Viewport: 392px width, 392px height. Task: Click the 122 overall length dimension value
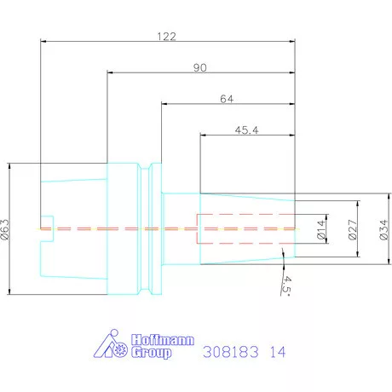click(x=167, y=37)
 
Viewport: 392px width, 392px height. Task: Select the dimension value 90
click(x=200, y=67)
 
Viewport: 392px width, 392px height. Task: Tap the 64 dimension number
click(x=227, y=99)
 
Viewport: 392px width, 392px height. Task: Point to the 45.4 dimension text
click(x=246, y=130)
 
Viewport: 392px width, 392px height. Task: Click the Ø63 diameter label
click(x=5, y=229)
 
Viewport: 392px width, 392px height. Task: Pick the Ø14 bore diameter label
click(x=321, y=229)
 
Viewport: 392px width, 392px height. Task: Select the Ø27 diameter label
click(x=353, y=229)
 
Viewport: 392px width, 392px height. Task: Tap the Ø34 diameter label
click(x=383, y=229)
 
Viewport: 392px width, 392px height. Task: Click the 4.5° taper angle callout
click(x=287, y=285)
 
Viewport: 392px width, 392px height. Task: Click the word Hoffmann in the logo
click(x=163, y=340)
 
